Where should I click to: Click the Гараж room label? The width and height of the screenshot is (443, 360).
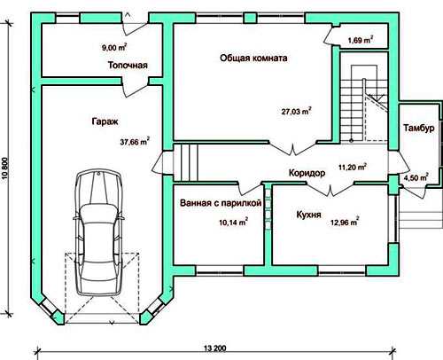tap(105, 121)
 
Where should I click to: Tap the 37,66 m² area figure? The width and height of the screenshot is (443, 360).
tap(135, 141)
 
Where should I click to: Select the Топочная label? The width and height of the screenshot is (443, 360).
tap(128, 65)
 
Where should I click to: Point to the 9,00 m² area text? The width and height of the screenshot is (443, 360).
tap(114, 47)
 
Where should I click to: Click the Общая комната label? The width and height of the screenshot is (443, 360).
tap(253, 58)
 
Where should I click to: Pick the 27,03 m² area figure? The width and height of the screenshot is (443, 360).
tap(296, 111)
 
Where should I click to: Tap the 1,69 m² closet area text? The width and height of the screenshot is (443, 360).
tap(361, 40)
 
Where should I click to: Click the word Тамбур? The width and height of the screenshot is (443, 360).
tap(419, 128)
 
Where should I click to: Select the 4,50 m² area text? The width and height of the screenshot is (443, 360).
tap(416, 177)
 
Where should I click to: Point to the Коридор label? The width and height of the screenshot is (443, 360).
tap(307, 173)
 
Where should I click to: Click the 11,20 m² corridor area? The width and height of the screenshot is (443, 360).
tap(353, 167)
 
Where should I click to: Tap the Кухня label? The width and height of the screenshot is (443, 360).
tap(308, 215)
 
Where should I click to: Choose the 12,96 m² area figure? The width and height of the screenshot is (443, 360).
tap(345, 222)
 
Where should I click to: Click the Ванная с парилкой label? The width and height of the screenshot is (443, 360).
tap(221, 203)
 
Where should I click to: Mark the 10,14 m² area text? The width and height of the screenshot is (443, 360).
tap(233, 222)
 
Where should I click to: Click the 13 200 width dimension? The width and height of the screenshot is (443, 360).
tap(214, 348)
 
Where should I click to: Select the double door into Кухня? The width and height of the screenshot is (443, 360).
tap(330, 189)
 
